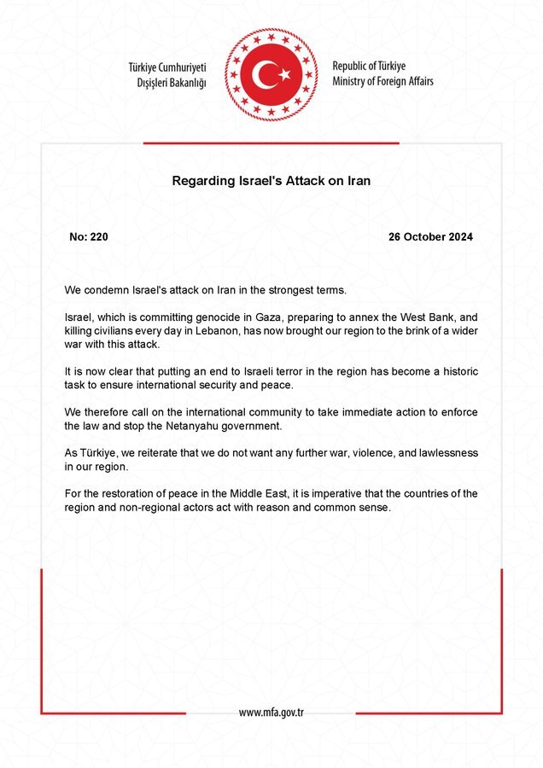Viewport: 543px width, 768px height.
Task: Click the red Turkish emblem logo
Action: pyautogui.click(x=271, y=75)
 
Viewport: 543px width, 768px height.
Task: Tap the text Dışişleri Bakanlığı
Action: pyautogui.click(x=172, y=83)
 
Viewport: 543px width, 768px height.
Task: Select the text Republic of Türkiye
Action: pyautogui.click(x=369, y=66)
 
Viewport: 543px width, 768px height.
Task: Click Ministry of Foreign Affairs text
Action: pyautogui.click(x=382, y=81)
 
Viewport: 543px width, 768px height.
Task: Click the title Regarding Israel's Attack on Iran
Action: pyautogui.click(x=271, y=181)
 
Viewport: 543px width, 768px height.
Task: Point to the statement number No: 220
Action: pyautogui.click(x=89, y=236)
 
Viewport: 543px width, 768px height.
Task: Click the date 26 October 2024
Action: pyautogui.click(x=430, y=236)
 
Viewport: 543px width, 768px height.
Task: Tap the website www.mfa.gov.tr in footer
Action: pyautogui.click(x=271, y=713)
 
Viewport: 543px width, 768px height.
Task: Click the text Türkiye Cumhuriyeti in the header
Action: pyautogui.click(x=167, y=67)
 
